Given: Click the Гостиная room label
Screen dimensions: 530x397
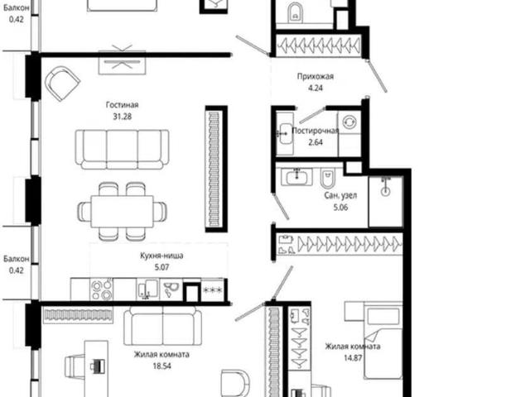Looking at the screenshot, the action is (x=122, y=105).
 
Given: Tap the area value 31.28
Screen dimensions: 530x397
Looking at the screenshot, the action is (x=122, y=117).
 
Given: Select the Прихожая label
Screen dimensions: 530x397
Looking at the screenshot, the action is (x=315, y=76).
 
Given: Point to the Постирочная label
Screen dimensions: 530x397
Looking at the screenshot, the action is (x=315, y=131).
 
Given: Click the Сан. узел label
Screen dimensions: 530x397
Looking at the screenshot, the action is (x=340, y=195).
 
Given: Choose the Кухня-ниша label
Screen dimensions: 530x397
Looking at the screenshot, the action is (x=161, y=256).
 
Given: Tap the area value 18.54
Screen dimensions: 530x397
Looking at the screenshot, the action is (x=161, y=366).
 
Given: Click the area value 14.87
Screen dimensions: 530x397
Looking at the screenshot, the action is (x=353, y=358).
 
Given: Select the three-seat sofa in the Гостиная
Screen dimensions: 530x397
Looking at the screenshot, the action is (x=122, y=149).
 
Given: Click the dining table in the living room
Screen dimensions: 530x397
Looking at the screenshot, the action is (x=122, y=212).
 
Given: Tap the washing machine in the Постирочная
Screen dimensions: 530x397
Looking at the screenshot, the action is (x=349, y=122).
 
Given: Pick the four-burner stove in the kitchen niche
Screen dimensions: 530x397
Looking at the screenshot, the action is (x=101, y=289).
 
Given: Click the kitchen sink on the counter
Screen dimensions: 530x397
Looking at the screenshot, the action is (x=147, y=289).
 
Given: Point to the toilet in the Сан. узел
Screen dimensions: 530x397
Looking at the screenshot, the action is (x=327, y=179).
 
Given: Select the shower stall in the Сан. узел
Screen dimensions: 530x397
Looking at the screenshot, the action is (x=385, y=201).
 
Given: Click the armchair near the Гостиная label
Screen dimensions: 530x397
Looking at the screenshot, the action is (x=62, y=83).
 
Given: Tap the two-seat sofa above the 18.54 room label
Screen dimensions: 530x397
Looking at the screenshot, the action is (x=162, y=326).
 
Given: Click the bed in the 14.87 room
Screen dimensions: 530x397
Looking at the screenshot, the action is (x=383, y=340).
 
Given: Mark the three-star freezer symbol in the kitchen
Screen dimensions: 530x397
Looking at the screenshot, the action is (x=212, y=290).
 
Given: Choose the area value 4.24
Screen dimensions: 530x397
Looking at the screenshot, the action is (x=315, y=88).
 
